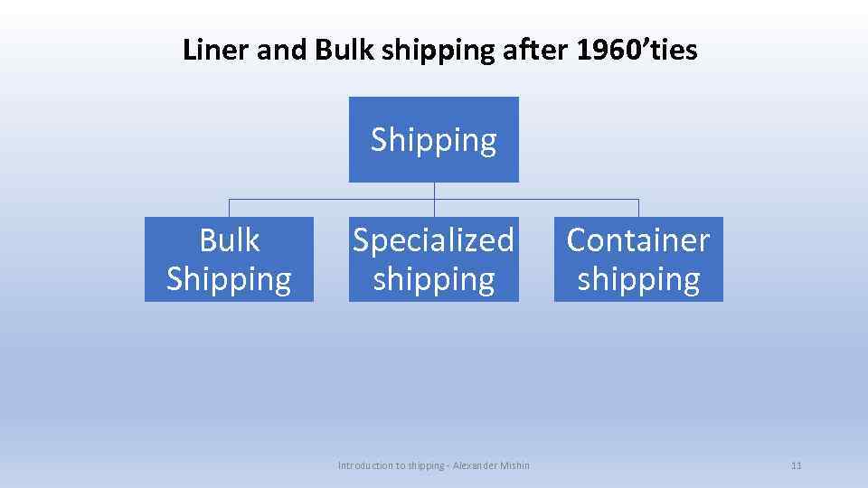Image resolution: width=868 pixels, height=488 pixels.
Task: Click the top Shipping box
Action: [x=434, y=140]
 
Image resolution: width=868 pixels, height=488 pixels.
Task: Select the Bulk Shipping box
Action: [x=229, y=259]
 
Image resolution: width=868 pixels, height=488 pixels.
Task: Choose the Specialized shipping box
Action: [x=434, y=259]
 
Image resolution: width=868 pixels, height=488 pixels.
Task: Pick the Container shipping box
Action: [x=638, y=259]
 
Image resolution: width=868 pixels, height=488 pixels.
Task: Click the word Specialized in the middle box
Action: [x=434, y=240]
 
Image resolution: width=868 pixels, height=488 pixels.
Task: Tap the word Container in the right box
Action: [x=638, y=240]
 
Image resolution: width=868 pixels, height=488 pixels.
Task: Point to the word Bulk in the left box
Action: [x=229, y=240]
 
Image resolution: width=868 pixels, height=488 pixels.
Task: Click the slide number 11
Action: [x=796, y=465]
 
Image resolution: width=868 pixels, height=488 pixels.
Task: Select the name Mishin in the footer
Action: [x=513, y=465]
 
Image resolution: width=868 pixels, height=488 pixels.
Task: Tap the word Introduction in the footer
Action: [x=365, y=465]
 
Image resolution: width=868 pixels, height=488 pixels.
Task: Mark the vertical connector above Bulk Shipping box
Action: [x=229, y=208]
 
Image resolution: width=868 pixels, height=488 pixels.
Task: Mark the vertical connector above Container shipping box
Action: [x=638, y=208]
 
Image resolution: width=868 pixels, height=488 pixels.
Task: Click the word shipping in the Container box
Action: [x=638, y=279]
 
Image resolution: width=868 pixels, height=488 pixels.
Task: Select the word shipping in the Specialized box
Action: [x=434, y=279]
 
